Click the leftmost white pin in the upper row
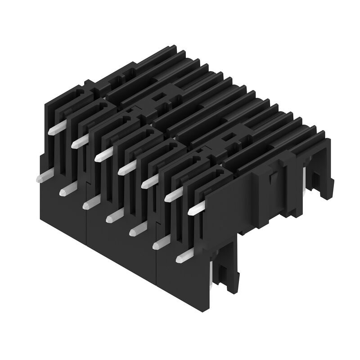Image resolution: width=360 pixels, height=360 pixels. click(54, 129)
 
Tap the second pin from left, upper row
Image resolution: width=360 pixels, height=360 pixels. click(78, 141)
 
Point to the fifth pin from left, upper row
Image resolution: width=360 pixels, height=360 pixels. click(149, 181)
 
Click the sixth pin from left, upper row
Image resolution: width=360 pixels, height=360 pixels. click(173, 195)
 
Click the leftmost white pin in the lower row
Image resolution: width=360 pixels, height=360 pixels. click(40, 178)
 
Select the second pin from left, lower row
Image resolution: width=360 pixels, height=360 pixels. click(64, 191)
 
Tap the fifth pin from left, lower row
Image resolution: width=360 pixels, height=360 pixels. click(135, 231)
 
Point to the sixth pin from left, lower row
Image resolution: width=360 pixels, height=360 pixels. click(159, 244)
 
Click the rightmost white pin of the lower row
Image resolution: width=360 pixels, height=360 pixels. click(182, 257)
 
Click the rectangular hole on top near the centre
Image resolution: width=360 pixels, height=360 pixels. click(158, 95)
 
